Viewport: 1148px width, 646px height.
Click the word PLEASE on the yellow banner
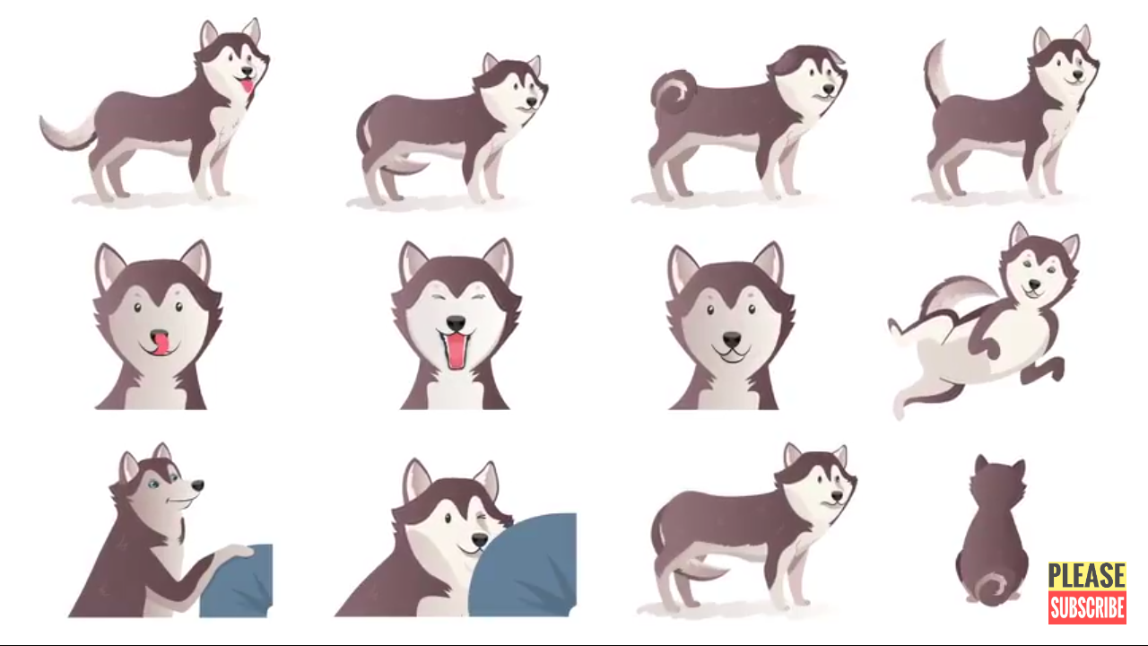pyautogui.click(x=1086, y=575)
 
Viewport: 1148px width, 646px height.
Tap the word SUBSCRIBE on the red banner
pyautogui.click(x=1087, y=608)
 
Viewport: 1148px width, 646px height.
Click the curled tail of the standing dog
pyautogui.click(x=674, y=92)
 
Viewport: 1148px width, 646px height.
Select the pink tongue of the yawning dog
pyautogui.click(x=455, y=350)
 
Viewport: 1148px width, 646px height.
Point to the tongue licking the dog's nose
pyautogui.click(x=160, y=343)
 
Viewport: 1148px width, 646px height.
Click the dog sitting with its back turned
pyautogui.click(x=992, y=533)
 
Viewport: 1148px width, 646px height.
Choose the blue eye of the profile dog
pyautogui.click(x=152, y=484)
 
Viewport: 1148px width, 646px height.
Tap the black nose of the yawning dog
pyautogui.click(x=456, y=324)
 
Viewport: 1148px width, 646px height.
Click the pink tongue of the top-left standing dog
pyautogui.click(x=248, y=84)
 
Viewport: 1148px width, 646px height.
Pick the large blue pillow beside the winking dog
pyautogui.click(x=523, y=565)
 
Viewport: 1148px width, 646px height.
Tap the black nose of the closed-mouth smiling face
pyautogui.click(x=731, y=339)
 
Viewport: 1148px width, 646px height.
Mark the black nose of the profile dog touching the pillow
pyautogui.click(x=197, y=485)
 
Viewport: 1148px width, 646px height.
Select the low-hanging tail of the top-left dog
pyautogui.click(x=66, y=132)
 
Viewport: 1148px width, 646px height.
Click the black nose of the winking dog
pyautogui.click(x=480, y=539)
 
